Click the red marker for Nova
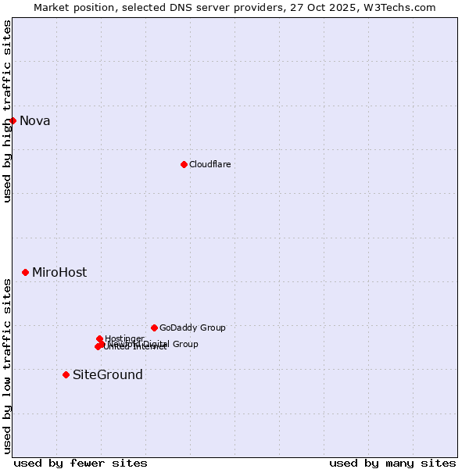click(13, 120)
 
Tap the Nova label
click(34, 120)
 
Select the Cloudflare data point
click(184, 164)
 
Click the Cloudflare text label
click(209, 164)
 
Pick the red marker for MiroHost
click(25, 272)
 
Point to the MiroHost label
click(59, 273)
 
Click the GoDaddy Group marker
click(154, 328)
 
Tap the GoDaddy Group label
click(192, 328)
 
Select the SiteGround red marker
click(66, 374)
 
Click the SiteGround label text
click(108, 375)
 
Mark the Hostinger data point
click(99, 338)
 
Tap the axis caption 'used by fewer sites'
click(81, 463)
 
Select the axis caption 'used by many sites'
click(392, 463)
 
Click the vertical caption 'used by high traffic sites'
click(7, 111)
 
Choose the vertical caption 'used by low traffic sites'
click(7, 366)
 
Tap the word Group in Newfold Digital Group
click(184, 344)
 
